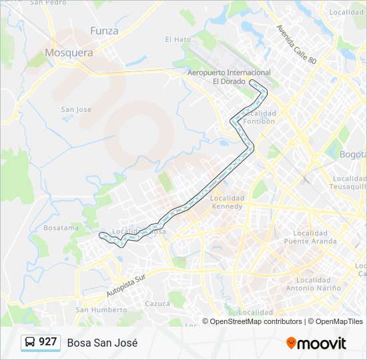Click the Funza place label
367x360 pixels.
[104, 31]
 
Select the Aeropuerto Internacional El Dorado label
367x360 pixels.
[229, 77]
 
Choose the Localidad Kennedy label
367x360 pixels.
[227, 203]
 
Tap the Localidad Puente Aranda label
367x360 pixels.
[306, 237]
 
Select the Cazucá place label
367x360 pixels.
[157, 303]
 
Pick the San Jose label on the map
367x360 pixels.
[75, 109]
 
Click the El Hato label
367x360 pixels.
[177, 39]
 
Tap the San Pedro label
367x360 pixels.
[49, 3]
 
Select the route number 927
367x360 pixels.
[48, 342]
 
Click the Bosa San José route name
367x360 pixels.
[102, 343]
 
